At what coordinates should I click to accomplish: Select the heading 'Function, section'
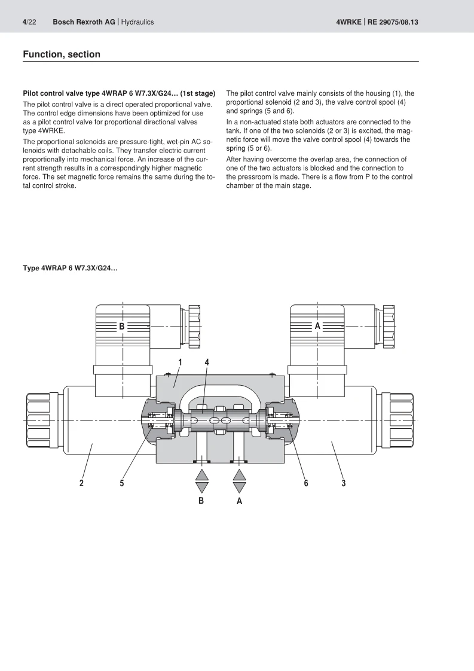[x=62, y=54]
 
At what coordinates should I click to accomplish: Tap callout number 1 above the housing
[x=180, y=362]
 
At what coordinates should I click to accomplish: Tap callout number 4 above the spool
[x=207, y=362]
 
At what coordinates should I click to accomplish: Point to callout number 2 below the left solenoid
[x=82, y=483]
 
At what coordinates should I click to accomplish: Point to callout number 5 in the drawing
[x=121, y=483]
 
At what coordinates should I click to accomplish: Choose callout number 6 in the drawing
[x=305, y=483]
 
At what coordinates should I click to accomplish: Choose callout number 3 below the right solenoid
[x=344, y=483]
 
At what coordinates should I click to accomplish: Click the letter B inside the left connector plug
[x=121, y=327]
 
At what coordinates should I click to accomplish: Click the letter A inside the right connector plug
[x=317, y=326]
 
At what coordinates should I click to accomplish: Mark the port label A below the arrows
[x=239, y=501]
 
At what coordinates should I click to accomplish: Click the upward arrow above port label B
[x=202, y=474]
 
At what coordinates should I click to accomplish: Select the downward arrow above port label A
[x=240, y=487]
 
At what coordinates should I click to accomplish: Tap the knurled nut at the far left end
[x=37, y=420]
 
